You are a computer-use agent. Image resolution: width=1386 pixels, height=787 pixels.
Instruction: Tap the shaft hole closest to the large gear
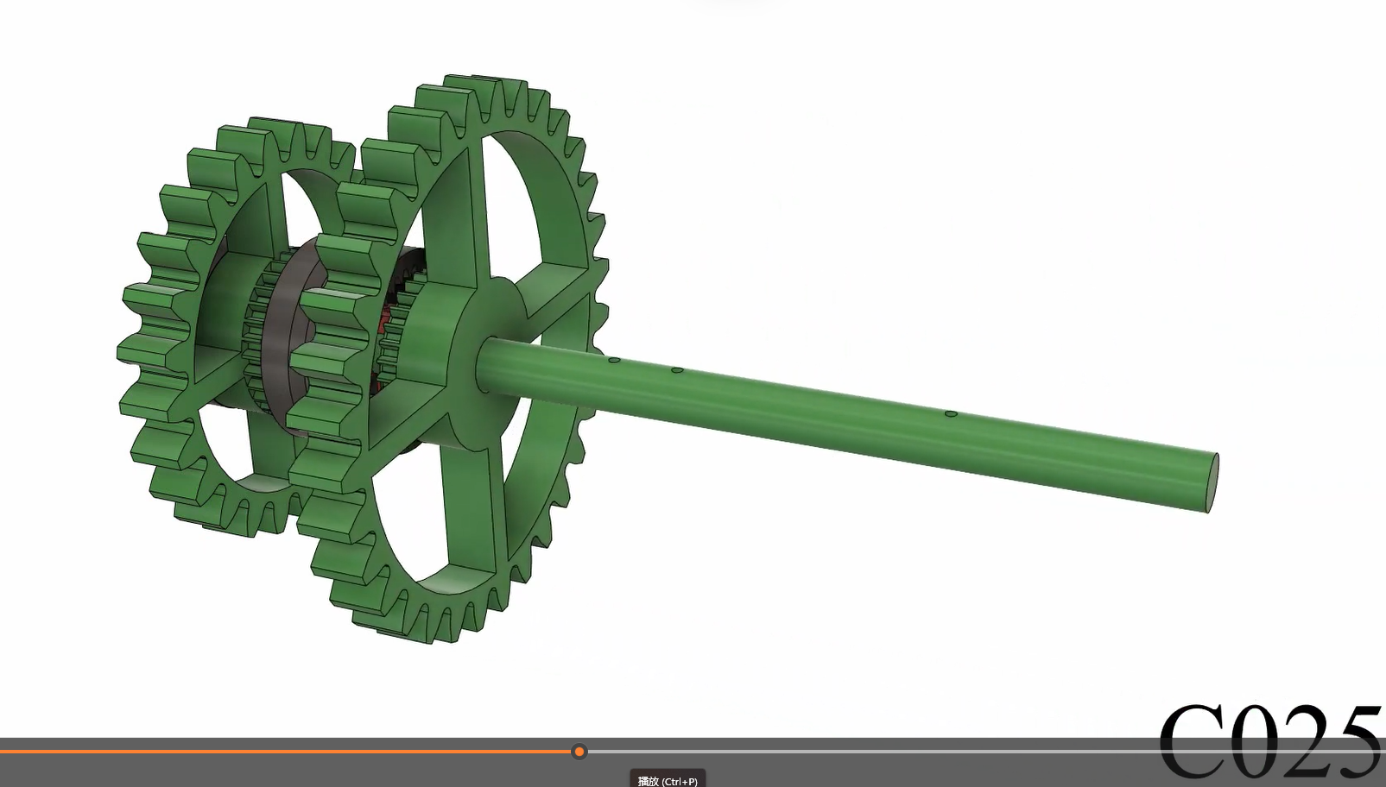tap(614, 360)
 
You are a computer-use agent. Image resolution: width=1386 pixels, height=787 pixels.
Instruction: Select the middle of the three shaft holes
tap(678, 370)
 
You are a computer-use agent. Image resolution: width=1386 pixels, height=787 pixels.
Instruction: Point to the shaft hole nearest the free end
tap(951, 414)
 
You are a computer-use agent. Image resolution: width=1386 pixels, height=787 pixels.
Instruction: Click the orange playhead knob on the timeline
tap(579, 752)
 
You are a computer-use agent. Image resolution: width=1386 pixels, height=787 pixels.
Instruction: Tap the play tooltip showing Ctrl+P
tap(668, 780)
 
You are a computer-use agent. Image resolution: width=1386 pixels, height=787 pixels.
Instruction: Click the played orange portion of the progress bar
tap(259, 752)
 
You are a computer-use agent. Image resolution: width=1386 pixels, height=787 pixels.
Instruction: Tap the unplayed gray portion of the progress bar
tap(864, 752)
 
